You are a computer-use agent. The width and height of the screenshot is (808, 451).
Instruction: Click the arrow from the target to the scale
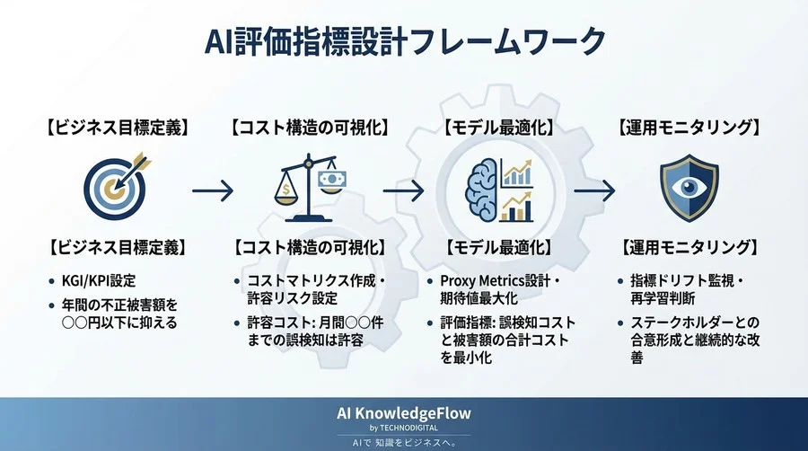(x=214, y=190)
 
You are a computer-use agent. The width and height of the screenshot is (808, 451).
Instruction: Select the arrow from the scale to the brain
(x=402, y=190)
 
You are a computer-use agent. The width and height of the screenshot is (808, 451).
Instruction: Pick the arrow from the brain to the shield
(x=594, y=190)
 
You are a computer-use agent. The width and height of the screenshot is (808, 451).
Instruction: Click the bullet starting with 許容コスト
(x=310, y=330)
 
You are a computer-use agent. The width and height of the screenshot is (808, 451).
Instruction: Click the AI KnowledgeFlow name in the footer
(x=404, y=412)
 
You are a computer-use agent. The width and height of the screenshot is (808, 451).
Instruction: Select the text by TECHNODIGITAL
(x=404, y=428)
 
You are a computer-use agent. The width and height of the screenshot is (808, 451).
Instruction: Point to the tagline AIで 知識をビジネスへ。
(x=404, y=443)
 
